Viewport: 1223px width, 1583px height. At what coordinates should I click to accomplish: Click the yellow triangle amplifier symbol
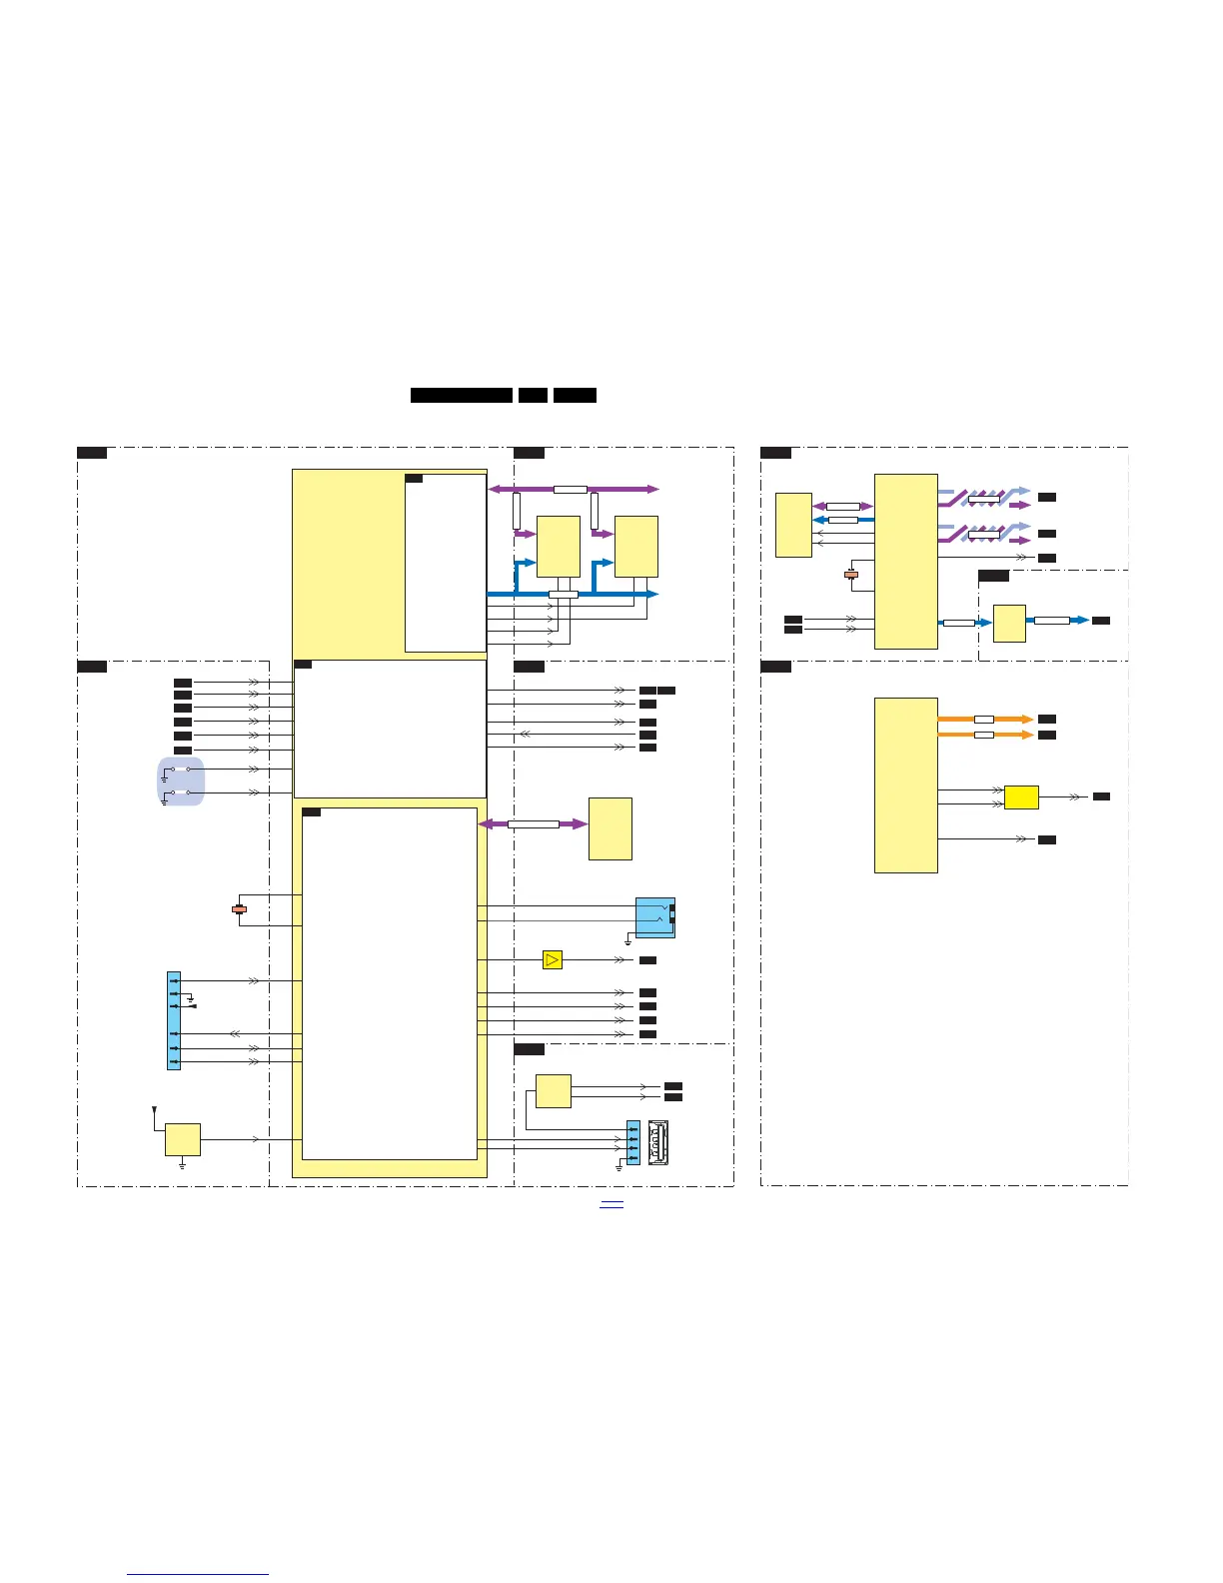tap(553, 959)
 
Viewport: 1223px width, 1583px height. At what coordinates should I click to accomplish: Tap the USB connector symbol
tap(658, 1143)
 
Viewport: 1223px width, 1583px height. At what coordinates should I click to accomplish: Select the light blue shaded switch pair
tap(181, 781)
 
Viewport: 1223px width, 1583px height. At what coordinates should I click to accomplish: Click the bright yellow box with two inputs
tap(1021, 797)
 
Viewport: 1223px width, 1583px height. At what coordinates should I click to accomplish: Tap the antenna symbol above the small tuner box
tap(153, 1109)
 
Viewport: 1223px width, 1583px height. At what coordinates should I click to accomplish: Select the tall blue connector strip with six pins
tap(174, 1020)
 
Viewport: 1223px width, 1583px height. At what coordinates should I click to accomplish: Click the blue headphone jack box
tap(654, 917)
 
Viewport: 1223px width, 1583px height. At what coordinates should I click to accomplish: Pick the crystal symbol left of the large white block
tap(239, 909)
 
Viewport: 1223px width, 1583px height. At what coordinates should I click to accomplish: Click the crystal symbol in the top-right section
tap(851, 575)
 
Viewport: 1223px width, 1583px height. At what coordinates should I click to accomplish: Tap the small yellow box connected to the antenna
tap(182, 1139)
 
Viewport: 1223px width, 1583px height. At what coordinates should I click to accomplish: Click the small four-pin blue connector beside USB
tap(632, 1142)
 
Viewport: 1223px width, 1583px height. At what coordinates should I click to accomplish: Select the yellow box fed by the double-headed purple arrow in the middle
tap(611, 828)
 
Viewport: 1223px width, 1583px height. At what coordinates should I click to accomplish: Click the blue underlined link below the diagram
tap(611, 1204)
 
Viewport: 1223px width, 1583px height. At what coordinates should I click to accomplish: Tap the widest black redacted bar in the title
tap(462, 395)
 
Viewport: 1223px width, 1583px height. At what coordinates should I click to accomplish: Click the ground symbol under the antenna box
tap(182, 1164)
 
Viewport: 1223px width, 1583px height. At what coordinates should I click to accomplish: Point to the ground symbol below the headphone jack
tap(627, 941)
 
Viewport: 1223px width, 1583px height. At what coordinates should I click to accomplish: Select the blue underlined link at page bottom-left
tap(198, 1574)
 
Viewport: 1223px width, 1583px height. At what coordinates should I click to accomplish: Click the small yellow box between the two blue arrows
tap(1009, 623)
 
